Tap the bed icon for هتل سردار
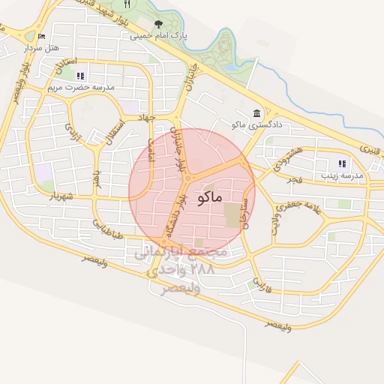(41, 36)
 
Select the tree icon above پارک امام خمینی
(157, 24)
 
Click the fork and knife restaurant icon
(127, 4)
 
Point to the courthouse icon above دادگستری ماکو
(257, 112)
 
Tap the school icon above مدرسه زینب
(342, 163)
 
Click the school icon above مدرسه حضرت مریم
(81, 76)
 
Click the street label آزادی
(72, 133)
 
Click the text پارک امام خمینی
(158, 35)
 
